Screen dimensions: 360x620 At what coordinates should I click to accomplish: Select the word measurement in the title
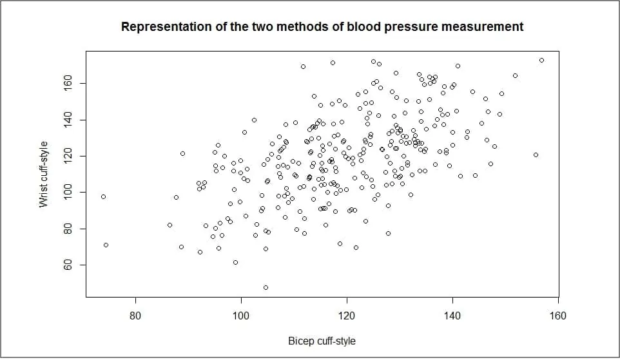point(485,27)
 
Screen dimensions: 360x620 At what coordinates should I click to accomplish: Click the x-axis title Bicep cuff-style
point(322,341)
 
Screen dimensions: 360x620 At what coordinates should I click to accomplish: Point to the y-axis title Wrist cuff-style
point(44,175)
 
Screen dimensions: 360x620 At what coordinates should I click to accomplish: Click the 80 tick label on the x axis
point(135,316)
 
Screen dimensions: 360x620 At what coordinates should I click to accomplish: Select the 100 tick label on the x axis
point(241,316)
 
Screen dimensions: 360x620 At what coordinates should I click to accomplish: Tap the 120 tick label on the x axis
point(347,316)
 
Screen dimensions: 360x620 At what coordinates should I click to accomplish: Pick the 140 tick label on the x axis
point(452,316)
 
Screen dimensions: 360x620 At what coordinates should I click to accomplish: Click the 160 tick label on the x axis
point(558,316)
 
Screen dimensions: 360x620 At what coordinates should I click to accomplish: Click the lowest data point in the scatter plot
point(266,287)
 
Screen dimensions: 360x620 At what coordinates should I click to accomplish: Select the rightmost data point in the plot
point(541,61)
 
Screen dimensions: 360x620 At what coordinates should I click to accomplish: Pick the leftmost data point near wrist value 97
point(103,196)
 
